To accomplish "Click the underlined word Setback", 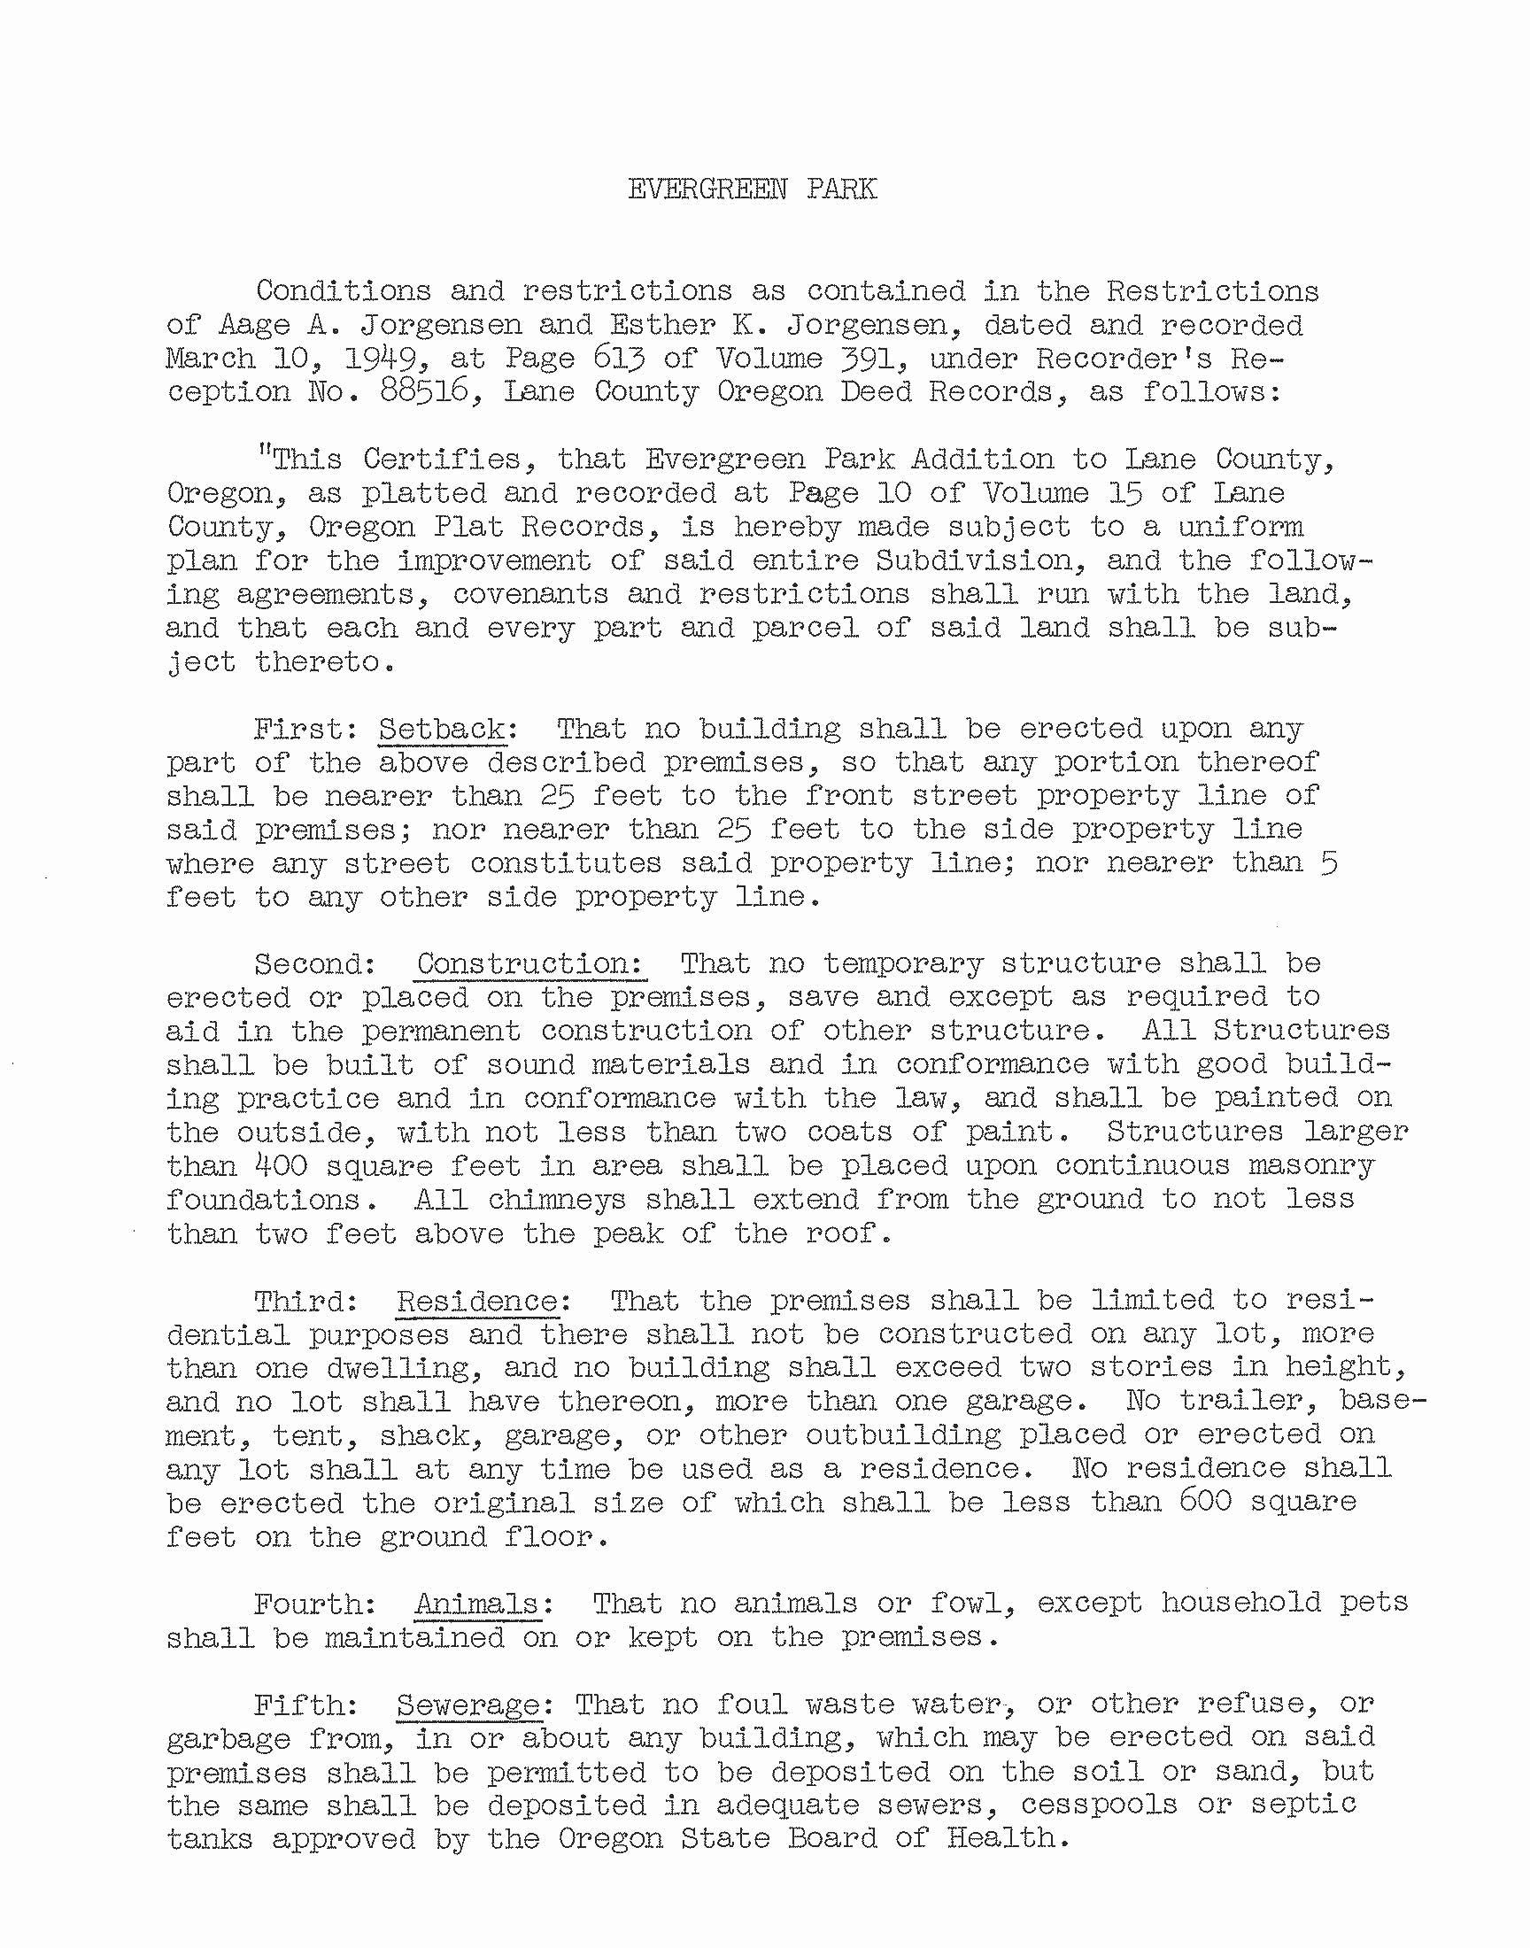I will click(442, 728).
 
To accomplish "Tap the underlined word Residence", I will click(477, 1301).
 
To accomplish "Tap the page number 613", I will click(619, 359).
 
